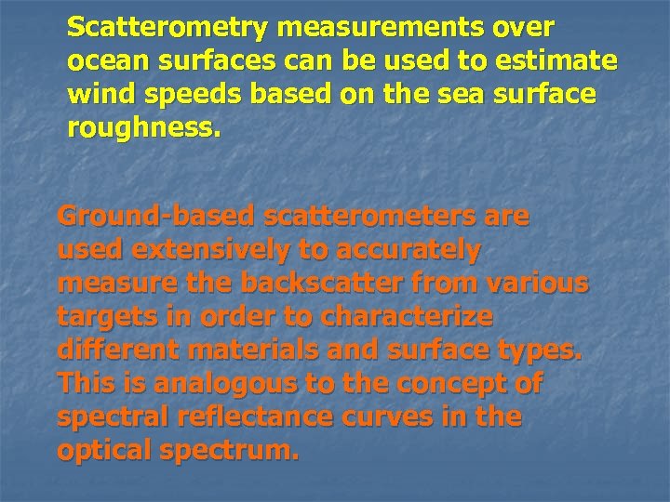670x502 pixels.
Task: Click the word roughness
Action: (x=144, y=129)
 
